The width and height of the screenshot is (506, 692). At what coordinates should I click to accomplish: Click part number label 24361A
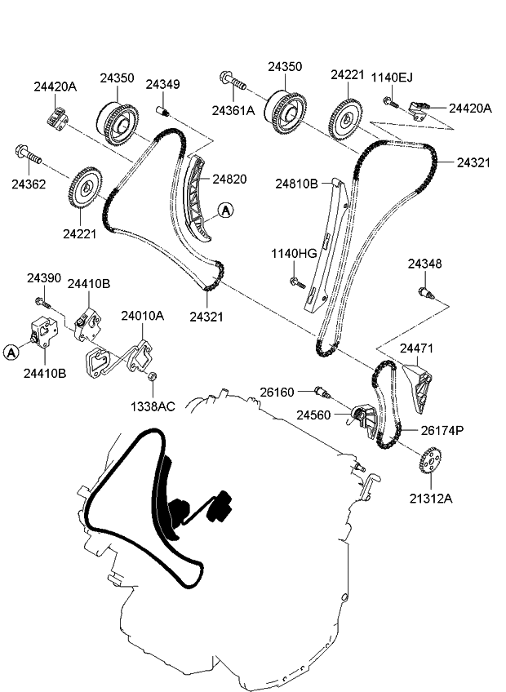[233, 110]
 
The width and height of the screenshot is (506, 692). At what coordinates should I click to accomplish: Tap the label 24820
[229, 179]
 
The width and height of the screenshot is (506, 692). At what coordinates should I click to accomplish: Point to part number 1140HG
[293, 255]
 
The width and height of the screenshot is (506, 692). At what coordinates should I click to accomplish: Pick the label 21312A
[431, 497]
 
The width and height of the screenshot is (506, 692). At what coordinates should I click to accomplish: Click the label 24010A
[143, 316]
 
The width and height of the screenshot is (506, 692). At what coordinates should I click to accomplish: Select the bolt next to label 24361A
[233, 81]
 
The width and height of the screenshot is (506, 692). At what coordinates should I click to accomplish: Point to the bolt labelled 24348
[424, 291]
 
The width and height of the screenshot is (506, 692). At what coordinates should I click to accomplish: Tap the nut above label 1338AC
[153, 376]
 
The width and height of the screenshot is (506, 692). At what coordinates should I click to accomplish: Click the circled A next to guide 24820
[225, 211]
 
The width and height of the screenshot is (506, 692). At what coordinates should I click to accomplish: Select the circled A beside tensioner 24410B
[11, 353]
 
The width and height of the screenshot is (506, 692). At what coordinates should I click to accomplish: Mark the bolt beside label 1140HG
[297, 283]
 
